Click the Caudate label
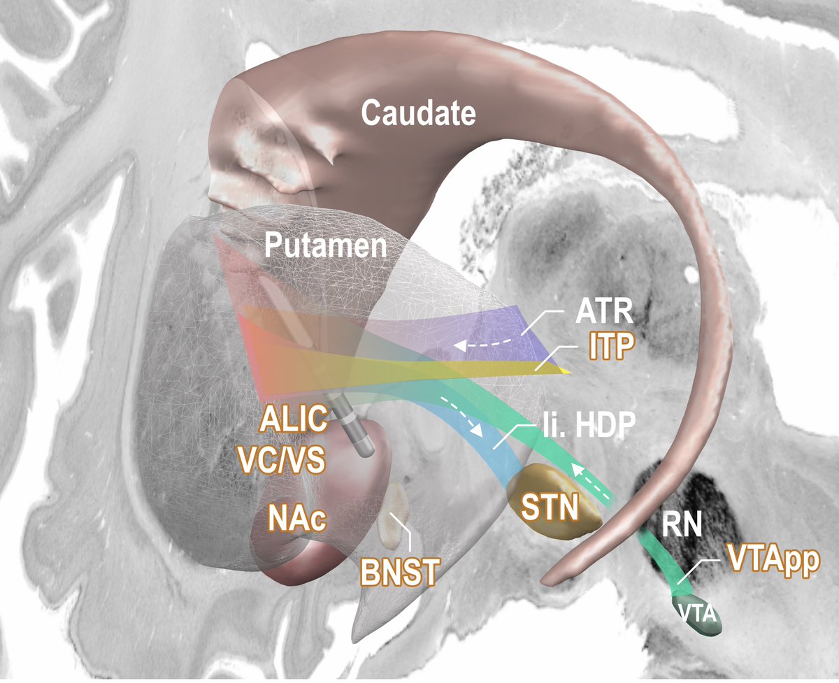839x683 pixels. [419, 113]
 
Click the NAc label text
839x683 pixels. [298, 520]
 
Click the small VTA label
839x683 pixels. [696, 614]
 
